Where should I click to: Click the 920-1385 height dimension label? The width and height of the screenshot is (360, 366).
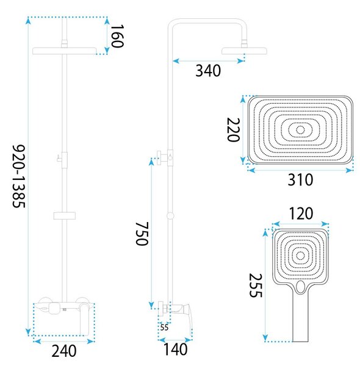tap(19, 176)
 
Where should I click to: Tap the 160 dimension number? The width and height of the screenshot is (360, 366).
tap(117, 36)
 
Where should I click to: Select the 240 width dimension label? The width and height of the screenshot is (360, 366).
tap(64, 351)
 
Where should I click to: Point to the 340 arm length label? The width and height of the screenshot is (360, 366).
tap(208, 71)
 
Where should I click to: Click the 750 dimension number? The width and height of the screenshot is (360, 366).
tap(142, 234)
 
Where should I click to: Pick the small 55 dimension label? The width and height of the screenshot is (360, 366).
tap(164, 328)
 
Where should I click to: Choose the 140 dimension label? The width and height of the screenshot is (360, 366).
tap(175, 350)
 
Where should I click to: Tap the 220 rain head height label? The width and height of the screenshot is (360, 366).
tap(234, 130)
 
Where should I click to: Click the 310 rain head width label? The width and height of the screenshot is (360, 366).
tap(300, 180)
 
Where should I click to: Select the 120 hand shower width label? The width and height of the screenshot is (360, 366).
tap(301, 213)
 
